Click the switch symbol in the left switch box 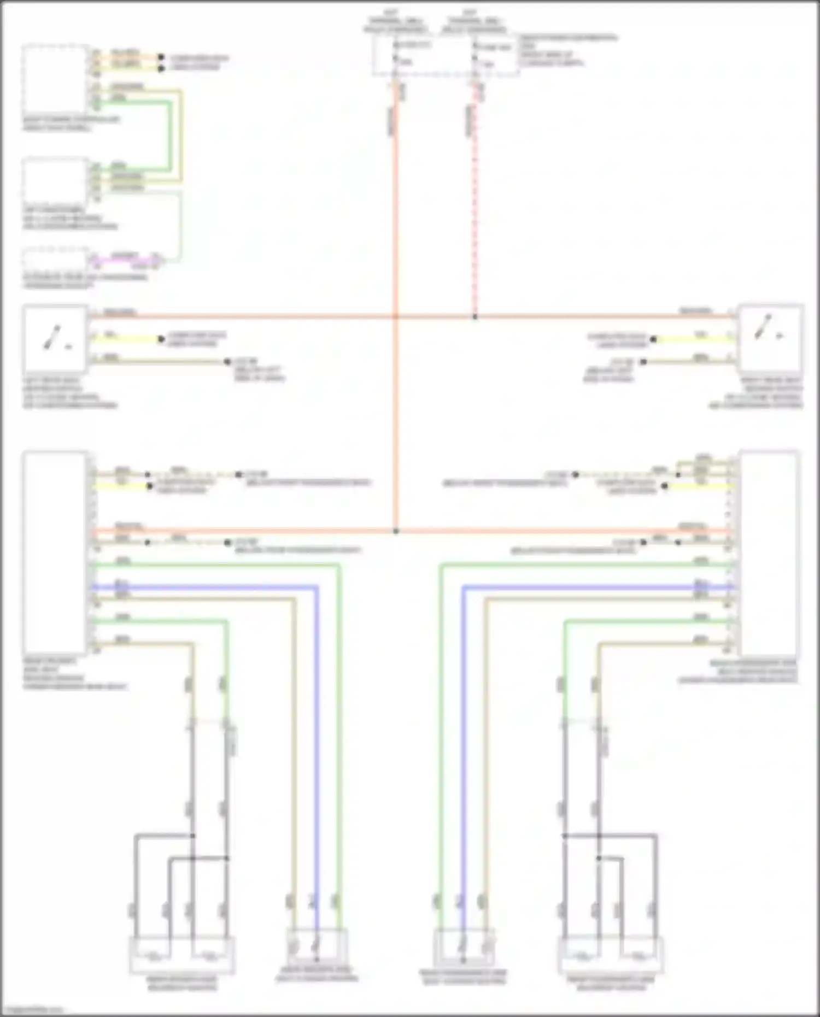click(54, 338)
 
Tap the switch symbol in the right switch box click(765, 328)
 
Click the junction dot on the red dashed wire click(475, 317)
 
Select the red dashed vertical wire click(475, 208)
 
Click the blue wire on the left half click(316, 710)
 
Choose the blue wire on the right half click(463, 710)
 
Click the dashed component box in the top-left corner click(55, 79)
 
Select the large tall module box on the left click(55, 552)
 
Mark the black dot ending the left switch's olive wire click(227, 362)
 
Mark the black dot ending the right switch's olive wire click(643, 362)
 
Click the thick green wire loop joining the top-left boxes click(169, 137)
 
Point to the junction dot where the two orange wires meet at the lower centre click(396, 531)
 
